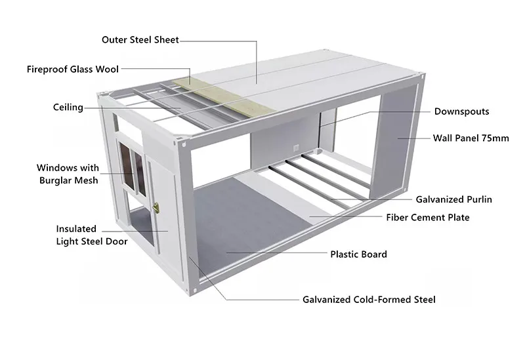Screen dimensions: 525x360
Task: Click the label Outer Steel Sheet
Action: tap(140, 40)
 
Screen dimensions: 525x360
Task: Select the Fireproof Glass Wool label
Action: tap(72, 68)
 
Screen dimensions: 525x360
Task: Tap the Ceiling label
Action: tap(68, 107)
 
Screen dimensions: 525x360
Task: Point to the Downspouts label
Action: tap(461, 111)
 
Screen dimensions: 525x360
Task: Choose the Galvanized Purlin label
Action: tap(453, 199)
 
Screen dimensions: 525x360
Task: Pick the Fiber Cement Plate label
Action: tap(427, 217)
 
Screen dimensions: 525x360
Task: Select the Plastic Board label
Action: tap(358, 254)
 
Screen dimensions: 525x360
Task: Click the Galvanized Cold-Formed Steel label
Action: tap(369, 300)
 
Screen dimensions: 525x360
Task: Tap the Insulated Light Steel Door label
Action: tap(91, 235)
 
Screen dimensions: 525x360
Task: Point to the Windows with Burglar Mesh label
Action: tap(68, 174)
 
